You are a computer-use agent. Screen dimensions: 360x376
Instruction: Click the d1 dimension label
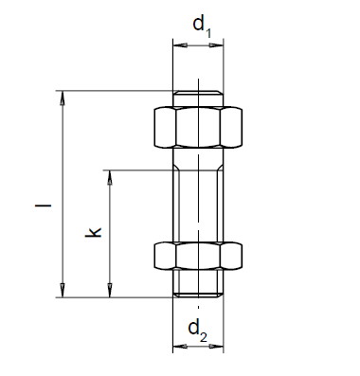coord(202,27)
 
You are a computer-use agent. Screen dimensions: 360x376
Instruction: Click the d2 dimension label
coord(198,331)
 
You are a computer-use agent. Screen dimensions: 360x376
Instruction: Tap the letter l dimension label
coord(43,206)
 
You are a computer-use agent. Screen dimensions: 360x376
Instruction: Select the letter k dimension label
coord(93,232)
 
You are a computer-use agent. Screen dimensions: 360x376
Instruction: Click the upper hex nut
coord(198,128)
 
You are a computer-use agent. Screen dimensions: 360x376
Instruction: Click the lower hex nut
coord(198,256)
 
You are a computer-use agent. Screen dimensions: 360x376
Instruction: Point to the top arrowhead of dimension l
coord(63,98)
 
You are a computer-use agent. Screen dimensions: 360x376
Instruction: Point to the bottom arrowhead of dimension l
coord(63,291)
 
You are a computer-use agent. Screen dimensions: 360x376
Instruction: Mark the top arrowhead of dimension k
coord(110,177)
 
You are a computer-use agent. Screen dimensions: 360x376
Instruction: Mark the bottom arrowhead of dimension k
coord(110,291)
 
